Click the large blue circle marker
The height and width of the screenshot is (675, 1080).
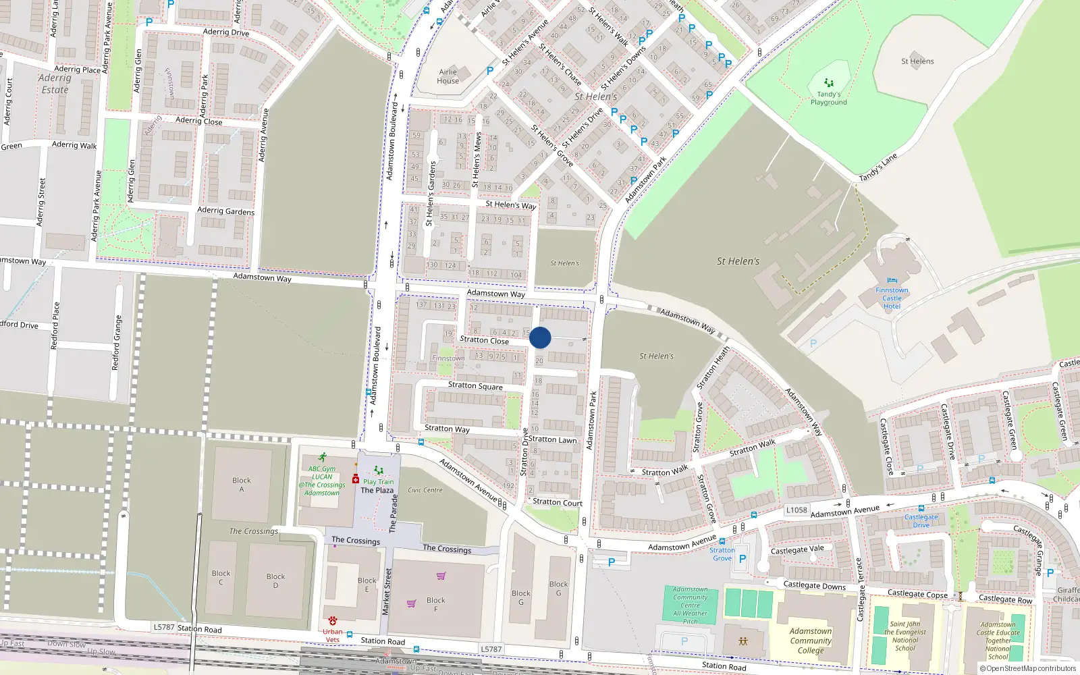tap(540, 337)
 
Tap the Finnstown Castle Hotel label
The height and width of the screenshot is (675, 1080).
tap(892, 298)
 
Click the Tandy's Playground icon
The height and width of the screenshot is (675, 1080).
tap(829, 82)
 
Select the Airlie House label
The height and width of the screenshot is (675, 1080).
tap(448, 76)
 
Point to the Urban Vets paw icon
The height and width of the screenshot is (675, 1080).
tap(332, 620)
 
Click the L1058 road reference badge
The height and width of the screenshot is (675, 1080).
tap(796, 510)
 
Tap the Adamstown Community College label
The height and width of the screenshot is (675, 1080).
tap(811, 641)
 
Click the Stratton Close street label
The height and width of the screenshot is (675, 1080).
tap(484, 340)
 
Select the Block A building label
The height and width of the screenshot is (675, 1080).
tap(241, 485)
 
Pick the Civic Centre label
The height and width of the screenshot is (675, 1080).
tap(425, 490)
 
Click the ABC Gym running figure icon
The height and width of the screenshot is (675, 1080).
tap(323, 457)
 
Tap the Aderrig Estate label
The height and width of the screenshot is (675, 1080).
tap(55, 84)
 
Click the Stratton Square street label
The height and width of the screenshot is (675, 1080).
tap(475, 385)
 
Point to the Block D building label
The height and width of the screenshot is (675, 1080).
tap(275, 580)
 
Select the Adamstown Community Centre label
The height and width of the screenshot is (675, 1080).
tap(690, 605)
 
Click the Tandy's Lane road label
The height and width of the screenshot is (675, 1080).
tap(878, 167)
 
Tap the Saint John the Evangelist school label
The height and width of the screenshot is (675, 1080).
tap(905, 636)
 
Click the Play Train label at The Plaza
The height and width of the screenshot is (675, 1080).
tap(378, 482)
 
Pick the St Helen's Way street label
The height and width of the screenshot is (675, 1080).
tap(510, 205)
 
